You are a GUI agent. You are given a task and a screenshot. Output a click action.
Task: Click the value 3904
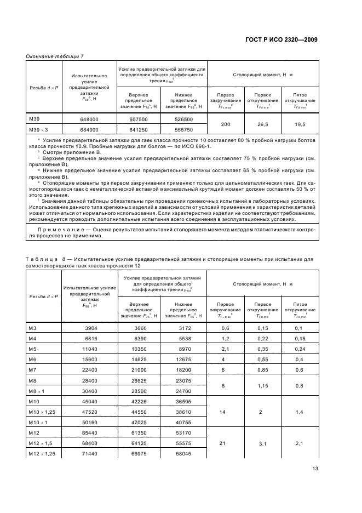pos(89,328)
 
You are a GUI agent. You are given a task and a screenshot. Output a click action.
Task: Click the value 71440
pos(89,454)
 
